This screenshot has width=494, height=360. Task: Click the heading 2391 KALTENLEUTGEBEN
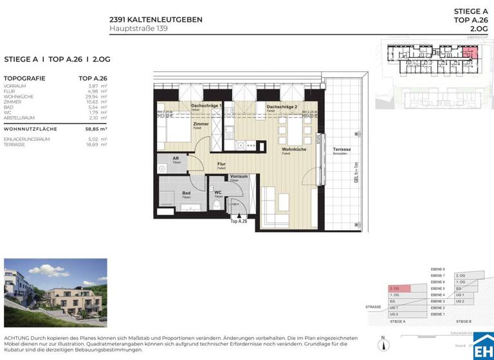[x=156, y=19]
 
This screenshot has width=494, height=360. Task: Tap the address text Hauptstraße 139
[x=138, y=28]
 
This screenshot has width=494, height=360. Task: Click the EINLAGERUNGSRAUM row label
[x=26, y=139]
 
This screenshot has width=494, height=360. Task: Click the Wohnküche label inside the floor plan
[x=293, y=149]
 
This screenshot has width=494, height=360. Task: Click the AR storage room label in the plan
[x=176, y=157]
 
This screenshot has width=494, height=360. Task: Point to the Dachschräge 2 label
[x=282, y=107]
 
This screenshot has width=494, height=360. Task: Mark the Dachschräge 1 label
[x=206, y=105]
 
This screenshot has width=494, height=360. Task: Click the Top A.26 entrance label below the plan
[x=239, y=221]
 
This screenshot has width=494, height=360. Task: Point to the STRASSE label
[x=373, y=307]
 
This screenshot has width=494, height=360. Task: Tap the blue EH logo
[x=483, y=346]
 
